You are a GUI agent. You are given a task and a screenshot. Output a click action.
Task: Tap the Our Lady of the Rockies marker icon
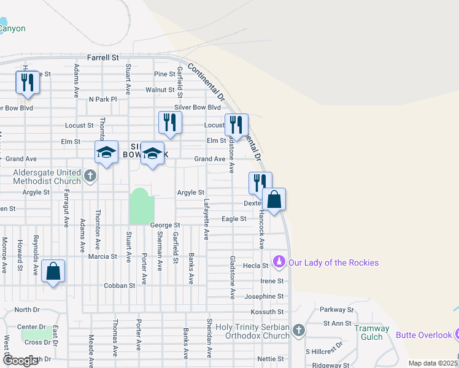pos(279,263)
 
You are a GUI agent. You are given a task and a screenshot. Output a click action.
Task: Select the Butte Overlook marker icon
pos(457,334)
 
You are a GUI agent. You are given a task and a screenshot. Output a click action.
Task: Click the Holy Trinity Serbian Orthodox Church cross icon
pos(298,331)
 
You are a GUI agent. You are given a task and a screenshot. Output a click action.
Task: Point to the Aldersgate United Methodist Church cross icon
pos(90,176)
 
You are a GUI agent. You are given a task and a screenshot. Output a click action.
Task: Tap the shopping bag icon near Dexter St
pos(274,199)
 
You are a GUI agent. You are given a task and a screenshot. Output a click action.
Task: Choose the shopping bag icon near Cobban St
pos(53,271)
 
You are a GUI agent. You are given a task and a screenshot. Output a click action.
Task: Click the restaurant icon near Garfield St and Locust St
pos(170,123)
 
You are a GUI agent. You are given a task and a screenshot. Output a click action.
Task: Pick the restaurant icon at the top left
pos(27,83)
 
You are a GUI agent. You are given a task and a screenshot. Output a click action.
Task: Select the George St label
pos(164,226)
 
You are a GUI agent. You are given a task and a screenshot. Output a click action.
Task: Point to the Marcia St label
pos(102,256)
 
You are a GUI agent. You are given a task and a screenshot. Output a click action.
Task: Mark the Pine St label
pos(164,74)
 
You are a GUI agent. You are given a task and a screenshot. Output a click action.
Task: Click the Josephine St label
pos(263,296)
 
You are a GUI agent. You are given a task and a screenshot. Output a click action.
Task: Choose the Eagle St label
pos(234,218)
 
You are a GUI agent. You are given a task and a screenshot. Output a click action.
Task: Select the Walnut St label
pos(160,90)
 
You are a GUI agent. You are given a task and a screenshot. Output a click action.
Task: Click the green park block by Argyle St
pos(141,207)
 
